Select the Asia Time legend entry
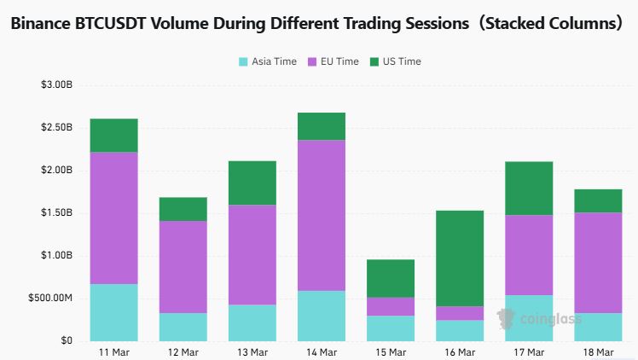tap(268, 61)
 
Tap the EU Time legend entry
tap(332, 61)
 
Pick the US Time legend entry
tap(395, 61)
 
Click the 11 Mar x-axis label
tap(113, 351)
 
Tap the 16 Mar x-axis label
tap(460, 351)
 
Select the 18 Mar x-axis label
tap(598, 351)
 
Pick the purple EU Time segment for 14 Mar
tap(322, 215)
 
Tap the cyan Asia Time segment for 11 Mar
tap(113, 312)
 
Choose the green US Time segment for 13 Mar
tap(252, 183)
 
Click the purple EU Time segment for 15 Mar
tap(391, 306)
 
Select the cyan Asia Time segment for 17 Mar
tap(529, 318)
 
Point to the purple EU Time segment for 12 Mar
tap(183, 267)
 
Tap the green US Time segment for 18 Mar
tap(598, 200)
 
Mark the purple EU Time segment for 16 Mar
tap(460, 313)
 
